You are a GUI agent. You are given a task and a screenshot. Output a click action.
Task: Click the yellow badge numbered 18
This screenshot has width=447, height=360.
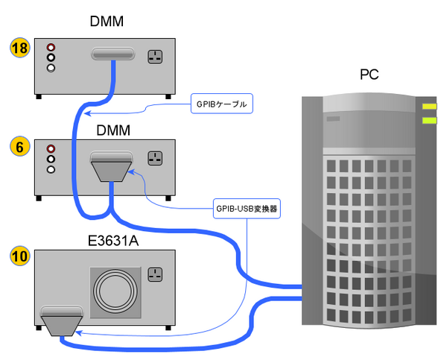(20, 50)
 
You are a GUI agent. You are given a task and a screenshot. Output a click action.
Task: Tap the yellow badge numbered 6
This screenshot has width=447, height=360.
(20, 147)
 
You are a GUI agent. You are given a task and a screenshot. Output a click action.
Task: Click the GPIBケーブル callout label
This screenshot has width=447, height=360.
(222, 103)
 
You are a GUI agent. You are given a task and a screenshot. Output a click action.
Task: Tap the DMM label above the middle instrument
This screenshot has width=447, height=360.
(113, 130)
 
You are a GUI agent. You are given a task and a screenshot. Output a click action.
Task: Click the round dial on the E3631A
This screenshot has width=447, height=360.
(115, 291)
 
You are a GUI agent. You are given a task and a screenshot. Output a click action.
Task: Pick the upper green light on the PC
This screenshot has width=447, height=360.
(429, 107)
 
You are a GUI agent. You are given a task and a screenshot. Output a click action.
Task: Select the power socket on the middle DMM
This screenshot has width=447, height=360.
(155, 159)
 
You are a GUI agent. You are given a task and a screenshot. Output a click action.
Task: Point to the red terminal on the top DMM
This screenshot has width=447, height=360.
(51, 45)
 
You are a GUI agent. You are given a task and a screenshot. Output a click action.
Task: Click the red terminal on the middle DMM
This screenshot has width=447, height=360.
(51, 148)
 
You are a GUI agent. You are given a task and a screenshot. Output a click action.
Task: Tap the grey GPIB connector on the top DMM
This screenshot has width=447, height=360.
(113, 54)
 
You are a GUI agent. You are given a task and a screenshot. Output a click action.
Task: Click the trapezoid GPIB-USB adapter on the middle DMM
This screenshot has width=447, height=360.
(112, 168)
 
